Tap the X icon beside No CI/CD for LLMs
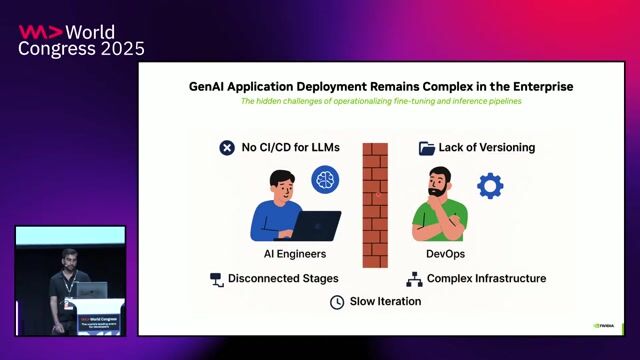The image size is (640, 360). click(x=227, y=148)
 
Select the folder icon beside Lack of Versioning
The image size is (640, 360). click(x=427, y=148)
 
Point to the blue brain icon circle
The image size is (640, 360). click(x=325, y=180)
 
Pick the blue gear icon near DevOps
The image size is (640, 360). click(x=490, y=185)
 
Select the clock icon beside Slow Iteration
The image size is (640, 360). click(x=337, y=301)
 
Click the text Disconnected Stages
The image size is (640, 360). click(x=283, y=278)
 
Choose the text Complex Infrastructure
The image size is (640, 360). click(x=487, y=278)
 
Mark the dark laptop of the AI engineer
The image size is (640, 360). click(x=315, y=226)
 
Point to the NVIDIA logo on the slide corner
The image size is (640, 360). click(x=605, y=324)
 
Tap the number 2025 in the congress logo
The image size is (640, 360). click(x=118, y=49)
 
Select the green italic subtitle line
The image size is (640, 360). click(x=381, y=102)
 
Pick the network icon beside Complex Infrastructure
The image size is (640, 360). click(x=414, y=279)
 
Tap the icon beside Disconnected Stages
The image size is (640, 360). click(x=215, y=279)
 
